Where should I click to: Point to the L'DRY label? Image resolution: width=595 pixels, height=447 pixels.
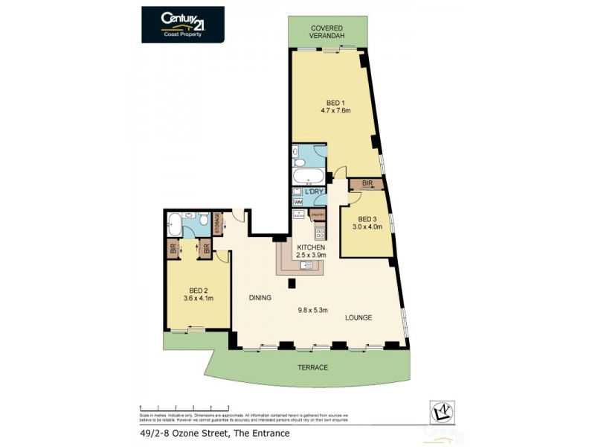[x=315, y=191]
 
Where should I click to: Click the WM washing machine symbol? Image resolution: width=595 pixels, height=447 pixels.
[x=298, y=201]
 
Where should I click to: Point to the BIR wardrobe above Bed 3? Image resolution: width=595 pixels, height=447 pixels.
[x=367, y=183]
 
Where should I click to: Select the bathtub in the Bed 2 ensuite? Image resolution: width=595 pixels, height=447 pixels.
[x=174, y=221]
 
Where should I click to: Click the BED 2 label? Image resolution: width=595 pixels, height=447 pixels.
[x=198, y=291]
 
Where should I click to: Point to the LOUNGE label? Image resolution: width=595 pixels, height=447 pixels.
[x=358, y=318]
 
